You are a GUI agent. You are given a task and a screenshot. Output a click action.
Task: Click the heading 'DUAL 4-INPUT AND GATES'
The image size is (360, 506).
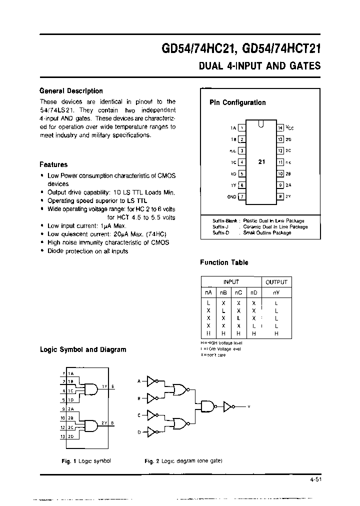[x=259, y=66]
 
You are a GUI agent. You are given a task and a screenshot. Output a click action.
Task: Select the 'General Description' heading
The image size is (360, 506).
[x=71, y=91]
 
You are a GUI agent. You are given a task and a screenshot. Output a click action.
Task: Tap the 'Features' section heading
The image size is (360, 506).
[x=53, y=164]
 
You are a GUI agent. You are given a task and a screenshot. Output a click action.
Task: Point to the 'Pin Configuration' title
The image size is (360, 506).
[x=237, y=102]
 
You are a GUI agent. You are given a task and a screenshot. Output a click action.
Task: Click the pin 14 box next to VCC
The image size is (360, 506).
[x=280, y=128]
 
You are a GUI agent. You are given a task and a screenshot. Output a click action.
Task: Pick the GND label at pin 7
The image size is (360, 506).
[x=231, y=196]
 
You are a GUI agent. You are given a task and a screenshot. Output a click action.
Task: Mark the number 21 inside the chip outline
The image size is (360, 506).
[x=261, y=162]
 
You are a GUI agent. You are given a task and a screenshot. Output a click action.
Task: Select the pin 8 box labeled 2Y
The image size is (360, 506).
[x=280, y=196]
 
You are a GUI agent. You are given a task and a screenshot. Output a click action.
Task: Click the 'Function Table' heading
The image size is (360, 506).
[x=224, y=262]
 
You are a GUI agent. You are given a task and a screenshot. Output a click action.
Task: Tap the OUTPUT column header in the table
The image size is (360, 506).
[x=276, y=282]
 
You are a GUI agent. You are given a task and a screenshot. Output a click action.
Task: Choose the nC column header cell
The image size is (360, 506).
[x=239, y=292]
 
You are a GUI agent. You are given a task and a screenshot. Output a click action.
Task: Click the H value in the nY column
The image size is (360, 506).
[x=276, y=333]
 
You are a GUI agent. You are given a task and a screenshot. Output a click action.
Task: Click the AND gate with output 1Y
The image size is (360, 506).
[x=91, y=388]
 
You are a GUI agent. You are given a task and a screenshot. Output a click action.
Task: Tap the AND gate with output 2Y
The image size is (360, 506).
[x=91, y=425]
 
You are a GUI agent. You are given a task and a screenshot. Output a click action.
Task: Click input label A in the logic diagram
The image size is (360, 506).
[x=139, y=382]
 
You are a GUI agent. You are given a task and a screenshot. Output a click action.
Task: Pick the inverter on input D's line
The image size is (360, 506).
[x=151, y=432]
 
